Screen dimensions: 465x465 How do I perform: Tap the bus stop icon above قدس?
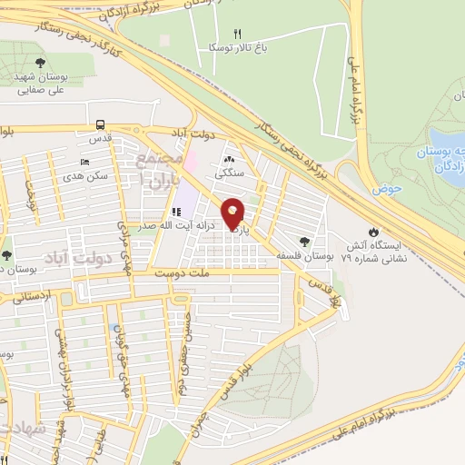coord(100,124)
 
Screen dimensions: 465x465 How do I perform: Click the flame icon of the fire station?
coord(371,231)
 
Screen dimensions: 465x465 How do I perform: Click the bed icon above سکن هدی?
coord(85,161)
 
